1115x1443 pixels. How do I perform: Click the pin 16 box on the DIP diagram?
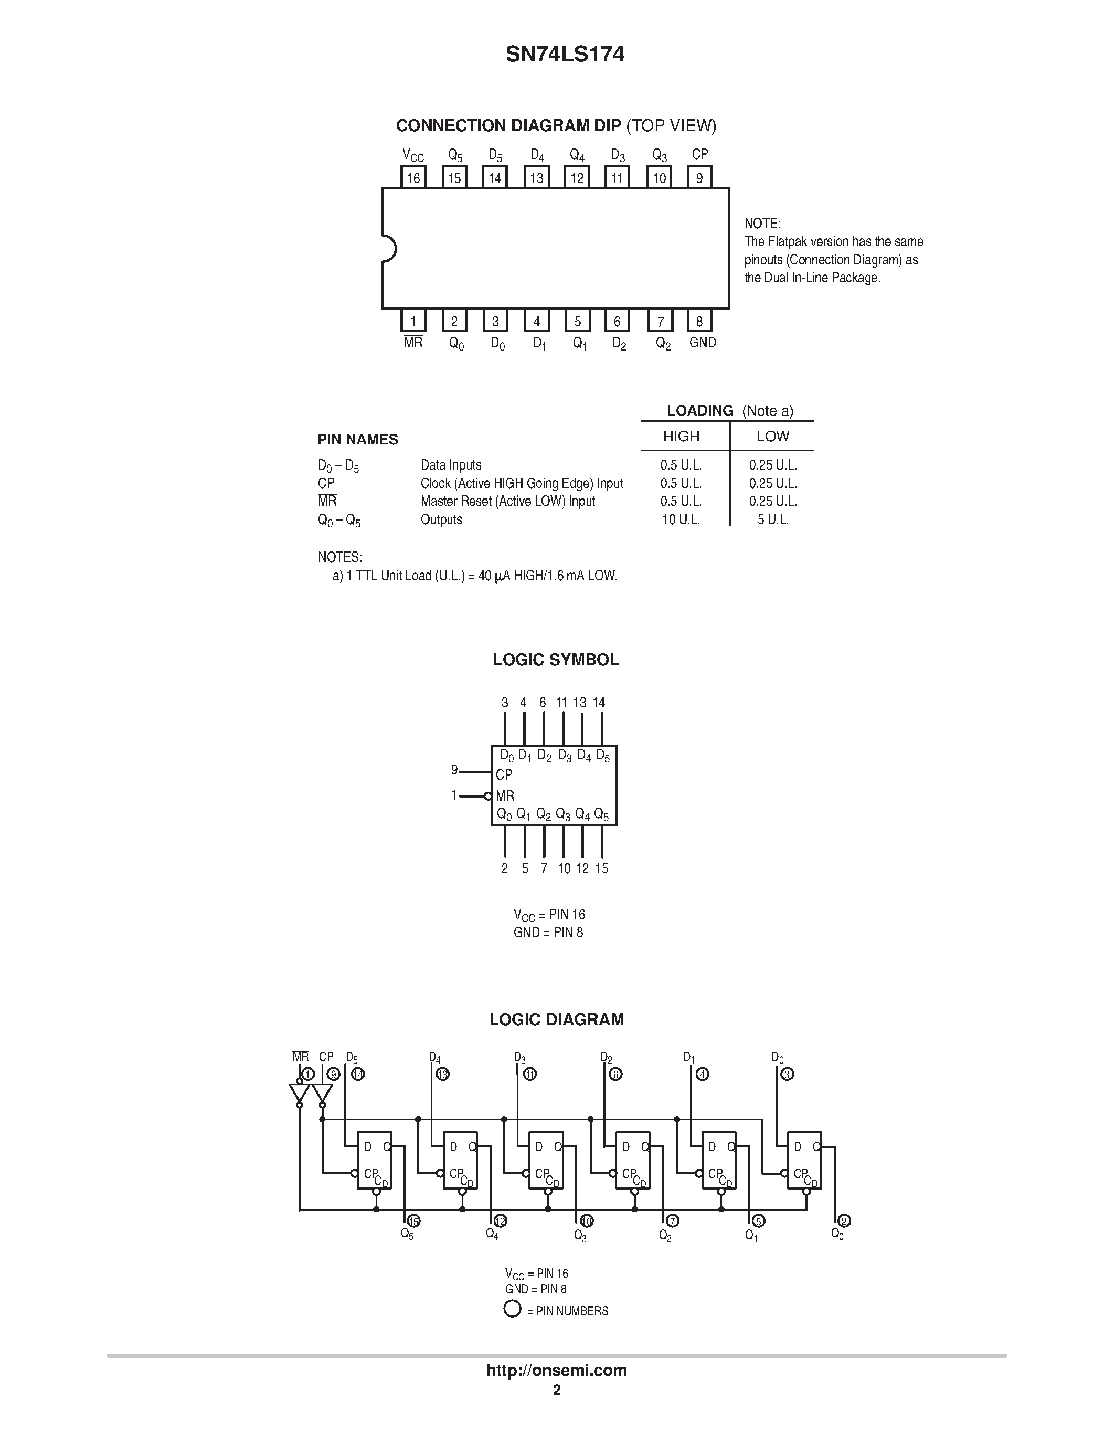click(x=413, y=177)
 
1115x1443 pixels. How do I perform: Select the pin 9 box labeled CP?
click(x=699, y=177)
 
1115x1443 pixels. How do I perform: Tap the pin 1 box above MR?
click(x=413, y=321)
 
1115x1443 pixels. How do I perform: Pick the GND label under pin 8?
click(x=702, y=342)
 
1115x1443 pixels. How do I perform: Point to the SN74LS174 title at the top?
click(x=565, y=54)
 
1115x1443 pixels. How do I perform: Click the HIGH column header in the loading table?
click(x=681, y=436)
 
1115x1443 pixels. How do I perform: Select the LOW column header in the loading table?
click(x=773, y=436)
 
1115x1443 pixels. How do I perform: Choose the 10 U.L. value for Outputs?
click(x=681, y=520)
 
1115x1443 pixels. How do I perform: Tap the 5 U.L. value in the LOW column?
click(x=773, y=520)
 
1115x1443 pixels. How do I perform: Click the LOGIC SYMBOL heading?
click(x=556, y=660)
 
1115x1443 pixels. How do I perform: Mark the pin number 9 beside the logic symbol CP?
click(x=454, y=770)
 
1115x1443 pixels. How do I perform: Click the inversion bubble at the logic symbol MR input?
click(x=488, y=796)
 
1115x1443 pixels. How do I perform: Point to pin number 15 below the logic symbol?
click(x=602, y=868)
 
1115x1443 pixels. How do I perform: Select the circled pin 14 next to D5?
click(x=357, y=1074)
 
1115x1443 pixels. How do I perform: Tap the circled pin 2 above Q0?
click(x=844, y=1221)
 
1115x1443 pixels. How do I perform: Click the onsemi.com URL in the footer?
click(x=557, y=1370)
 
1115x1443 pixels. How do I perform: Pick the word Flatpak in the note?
click(x=789, y=241)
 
